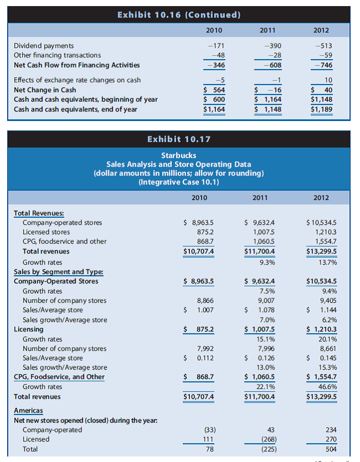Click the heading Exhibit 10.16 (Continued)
tap(179, 14)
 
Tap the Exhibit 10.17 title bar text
tap(179, 139)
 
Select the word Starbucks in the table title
tap(179, 155)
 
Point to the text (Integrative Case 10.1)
tap(179, 182)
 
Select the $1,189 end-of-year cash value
tap(322, 109)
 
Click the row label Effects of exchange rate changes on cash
tap(77, 80)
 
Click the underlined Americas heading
tap(28, 411)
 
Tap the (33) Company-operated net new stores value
tap(209, 430)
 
